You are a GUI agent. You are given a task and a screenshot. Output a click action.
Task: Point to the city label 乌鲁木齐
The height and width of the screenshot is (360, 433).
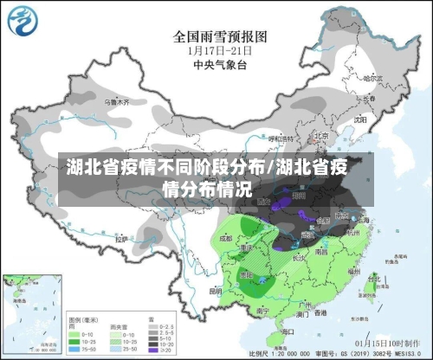116,101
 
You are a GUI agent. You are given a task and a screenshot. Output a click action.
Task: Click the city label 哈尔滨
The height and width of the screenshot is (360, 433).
372,79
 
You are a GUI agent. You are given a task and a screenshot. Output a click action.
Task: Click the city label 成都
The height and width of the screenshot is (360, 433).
226,235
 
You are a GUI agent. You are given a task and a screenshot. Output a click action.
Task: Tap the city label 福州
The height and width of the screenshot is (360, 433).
356,270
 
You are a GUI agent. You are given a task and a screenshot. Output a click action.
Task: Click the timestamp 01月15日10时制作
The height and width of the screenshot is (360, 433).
382,343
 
